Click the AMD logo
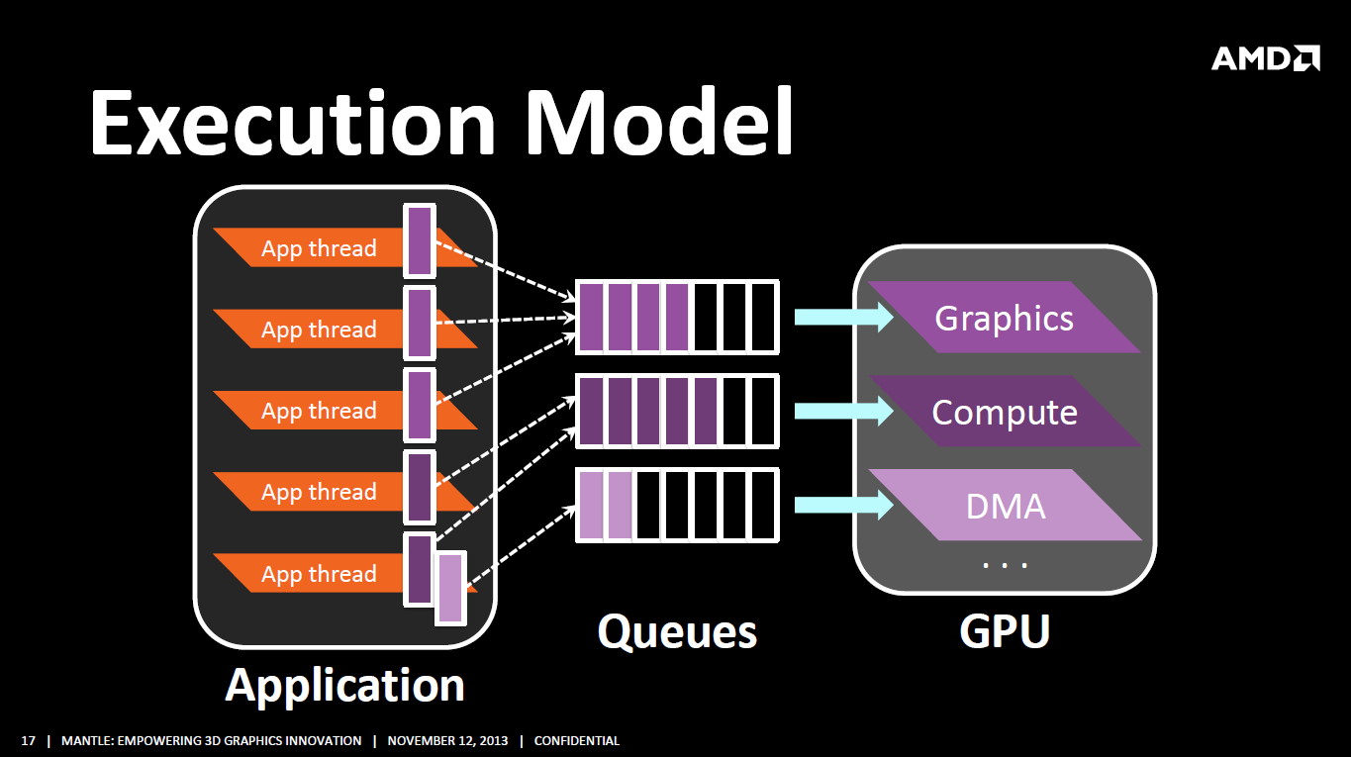click(x=1265, y=58)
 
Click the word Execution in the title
click(x=293, y=123)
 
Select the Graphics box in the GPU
click(x=1005, y=318)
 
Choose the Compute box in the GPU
click(x=1005, y=412)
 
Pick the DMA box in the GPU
click(x=1005, y=506)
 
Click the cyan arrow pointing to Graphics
click(x=844, y=317)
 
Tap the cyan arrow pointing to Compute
click(x=844, y=411)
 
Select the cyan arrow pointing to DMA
click(x=844, y=505)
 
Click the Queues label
click(x=677, y=632)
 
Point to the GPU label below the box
click(x=1005, y=631)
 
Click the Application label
click(x=344, y=686)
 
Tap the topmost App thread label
click(x=319, y=248)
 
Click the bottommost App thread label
click(x=319, y=573)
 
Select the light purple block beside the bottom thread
click(x=450, y=588)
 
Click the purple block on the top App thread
click(x=420, y=240)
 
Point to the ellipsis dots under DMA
click(x=1005, y=565)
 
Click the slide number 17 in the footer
click(x=29, y=741)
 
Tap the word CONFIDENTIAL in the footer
click(x=577, y=741)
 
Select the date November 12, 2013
click(x=447, y=741)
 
